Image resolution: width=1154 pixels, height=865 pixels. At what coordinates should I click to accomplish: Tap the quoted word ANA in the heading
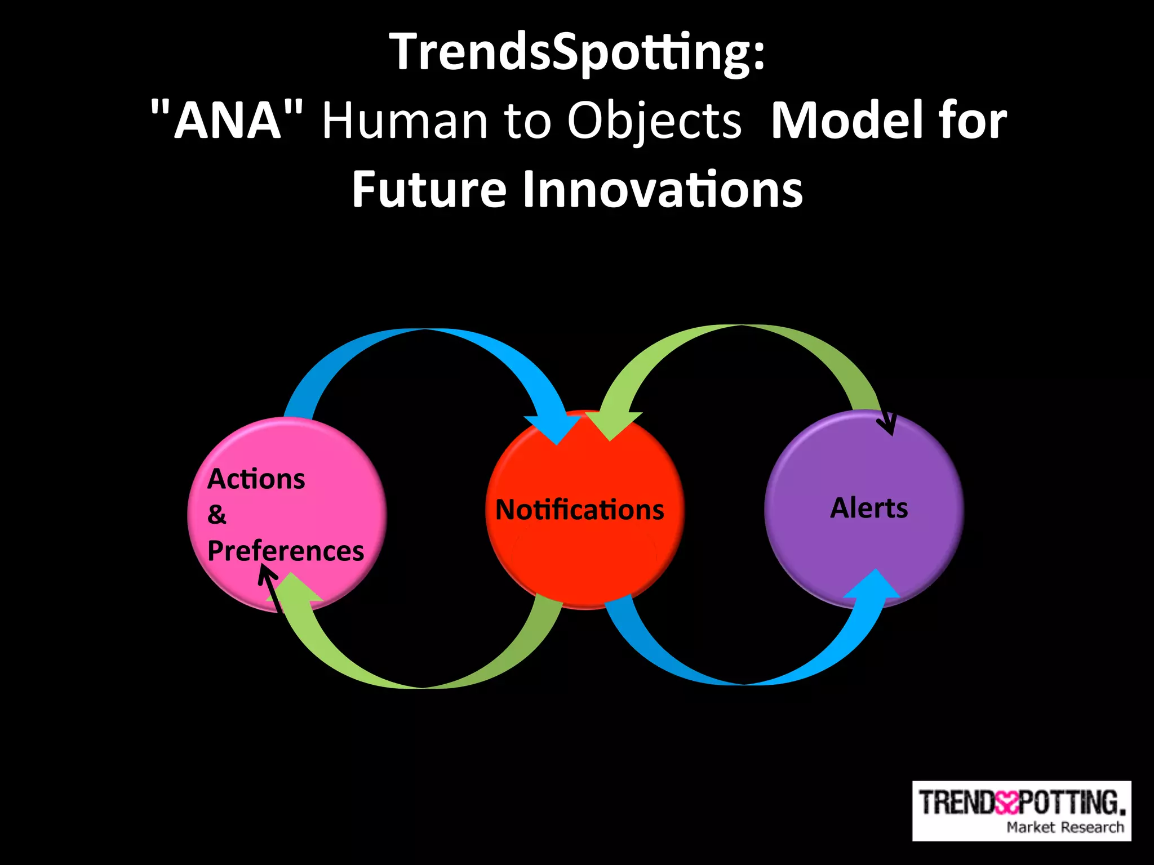coord(227,120)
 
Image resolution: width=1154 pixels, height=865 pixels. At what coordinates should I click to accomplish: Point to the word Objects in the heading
coord(654,122)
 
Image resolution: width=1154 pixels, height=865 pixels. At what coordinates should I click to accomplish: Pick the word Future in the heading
coord(429,190)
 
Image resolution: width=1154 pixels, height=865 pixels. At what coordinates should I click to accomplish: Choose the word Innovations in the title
coord(662,190)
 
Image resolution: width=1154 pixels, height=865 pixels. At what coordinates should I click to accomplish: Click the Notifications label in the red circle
coord(579,510)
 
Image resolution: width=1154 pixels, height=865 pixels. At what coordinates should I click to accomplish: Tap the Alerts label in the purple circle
coord(869,508)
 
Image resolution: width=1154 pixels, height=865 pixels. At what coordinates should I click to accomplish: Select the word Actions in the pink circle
coord(256,479)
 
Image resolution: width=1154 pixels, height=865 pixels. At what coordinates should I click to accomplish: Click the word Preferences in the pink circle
coord(286,551)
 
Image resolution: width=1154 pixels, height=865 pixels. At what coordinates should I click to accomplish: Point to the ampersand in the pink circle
coord(216,515)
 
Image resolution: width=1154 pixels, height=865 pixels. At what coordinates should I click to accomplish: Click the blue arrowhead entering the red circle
coord(555,429)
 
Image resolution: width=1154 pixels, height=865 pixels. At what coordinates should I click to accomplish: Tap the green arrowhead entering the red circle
coord(611,425)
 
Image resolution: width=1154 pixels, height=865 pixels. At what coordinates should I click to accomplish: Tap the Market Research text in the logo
coord(1064,827)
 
